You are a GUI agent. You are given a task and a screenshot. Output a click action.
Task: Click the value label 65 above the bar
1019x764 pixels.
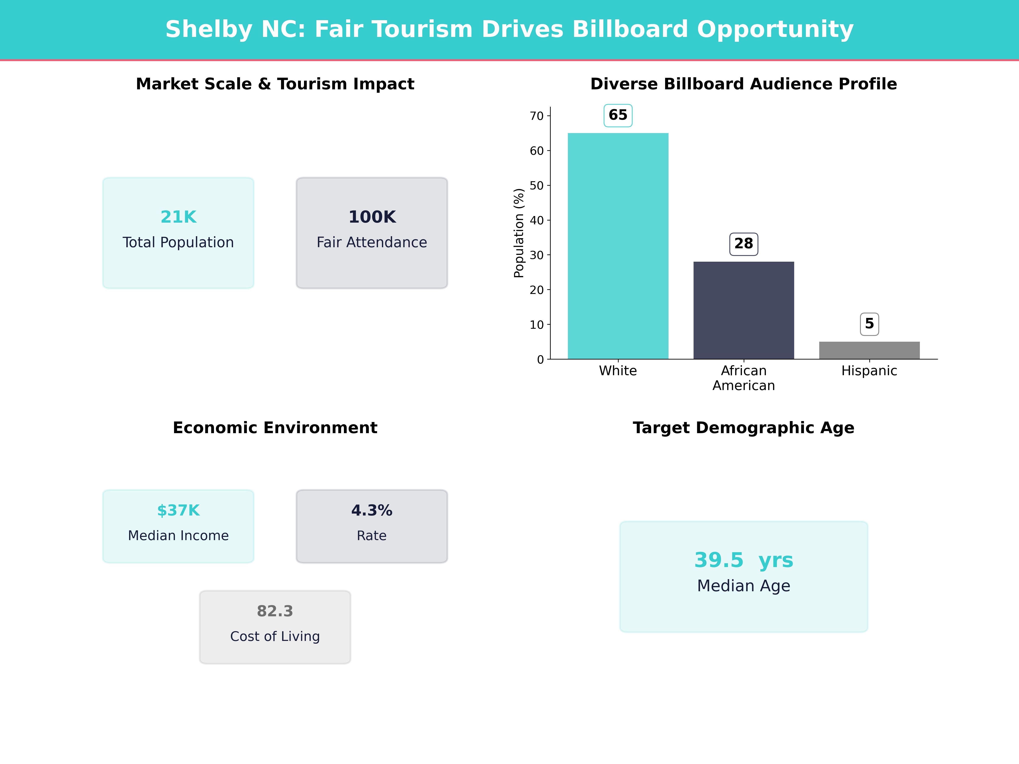(x=618, y=115)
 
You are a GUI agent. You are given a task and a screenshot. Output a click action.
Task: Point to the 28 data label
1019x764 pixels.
(x=743, y=244)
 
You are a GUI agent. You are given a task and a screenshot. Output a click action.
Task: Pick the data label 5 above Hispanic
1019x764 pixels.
(x=869, y=324)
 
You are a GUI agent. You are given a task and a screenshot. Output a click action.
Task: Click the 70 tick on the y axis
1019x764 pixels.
(x=537, y=116)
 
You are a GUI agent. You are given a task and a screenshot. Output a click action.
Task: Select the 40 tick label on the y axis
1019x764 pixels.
(x=537, y=220)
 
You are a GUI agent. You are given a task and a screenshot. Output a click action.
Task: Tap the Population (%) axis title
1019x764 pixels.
(x=519, y=233)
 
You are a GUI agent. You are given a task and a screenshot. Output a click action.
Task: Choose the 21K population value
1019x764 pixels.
(x=178, y=217)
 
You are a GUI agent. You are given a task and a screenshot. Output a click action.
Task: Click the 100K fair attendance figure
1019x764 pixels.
(x=372, y=217)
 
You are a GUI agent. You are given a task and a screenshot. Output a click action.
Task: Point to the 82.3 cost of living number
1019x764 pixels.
(x=275, y=611)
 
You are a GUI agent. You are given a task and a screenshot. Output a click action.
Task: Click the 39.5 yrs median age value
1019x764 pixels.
(x=743, y=560)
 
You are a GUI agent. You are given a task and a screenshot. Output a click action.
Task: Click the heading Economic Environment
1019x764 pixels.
(x=275, y=428)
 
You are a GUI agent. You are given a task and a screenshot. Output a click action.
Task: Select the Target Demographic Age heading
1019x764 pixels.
(x=743, y=428)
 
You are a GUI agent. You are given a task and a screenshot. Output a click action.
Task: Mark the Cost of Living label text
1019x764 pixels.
(x=275, y=636)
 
